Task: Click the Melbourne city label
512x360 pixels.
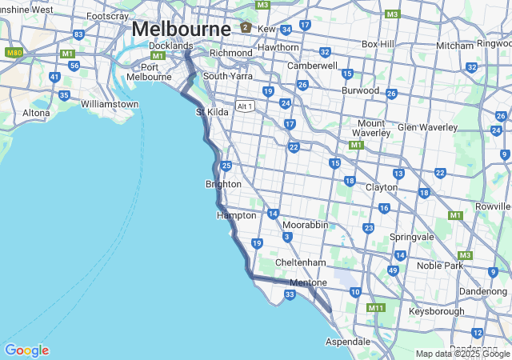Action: pos(181,28)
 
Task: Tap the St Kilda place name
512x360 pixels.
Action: pos(212,112)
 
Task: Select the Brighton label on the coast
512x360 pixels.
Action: pos(223,184)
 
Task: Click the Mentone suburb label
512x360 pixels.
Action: pos(308,282)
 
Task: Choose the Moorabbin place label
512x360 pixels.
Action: pos(305,225)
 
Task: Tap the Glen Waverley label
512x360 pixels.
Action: pos(427,127)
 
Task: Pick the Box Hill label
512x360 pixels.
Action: pos(378,44)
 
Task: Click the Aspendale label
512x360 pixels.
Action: pos(348,342)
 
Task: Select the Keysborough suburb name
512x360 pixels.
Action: pos(436,310)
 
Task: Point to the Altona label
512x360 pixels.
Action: pos(36,113)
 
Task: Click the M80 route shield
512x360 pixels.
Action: pos(14,52)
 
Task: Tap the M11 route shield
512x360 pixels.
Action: pos(376,308)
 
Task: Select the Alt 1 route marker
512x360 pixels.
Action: pos(245,106)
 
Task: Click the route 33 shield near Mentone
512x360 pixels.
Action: pos(290,295)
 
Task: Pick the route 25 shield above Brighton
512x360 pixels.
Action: pos(226,166)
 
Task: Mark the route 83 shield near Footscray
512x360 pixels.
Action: pos(78,34)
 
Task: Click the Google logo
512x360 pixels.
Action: pos(26,350)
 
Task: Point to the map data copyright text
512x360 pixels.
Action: pos(462,354)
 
